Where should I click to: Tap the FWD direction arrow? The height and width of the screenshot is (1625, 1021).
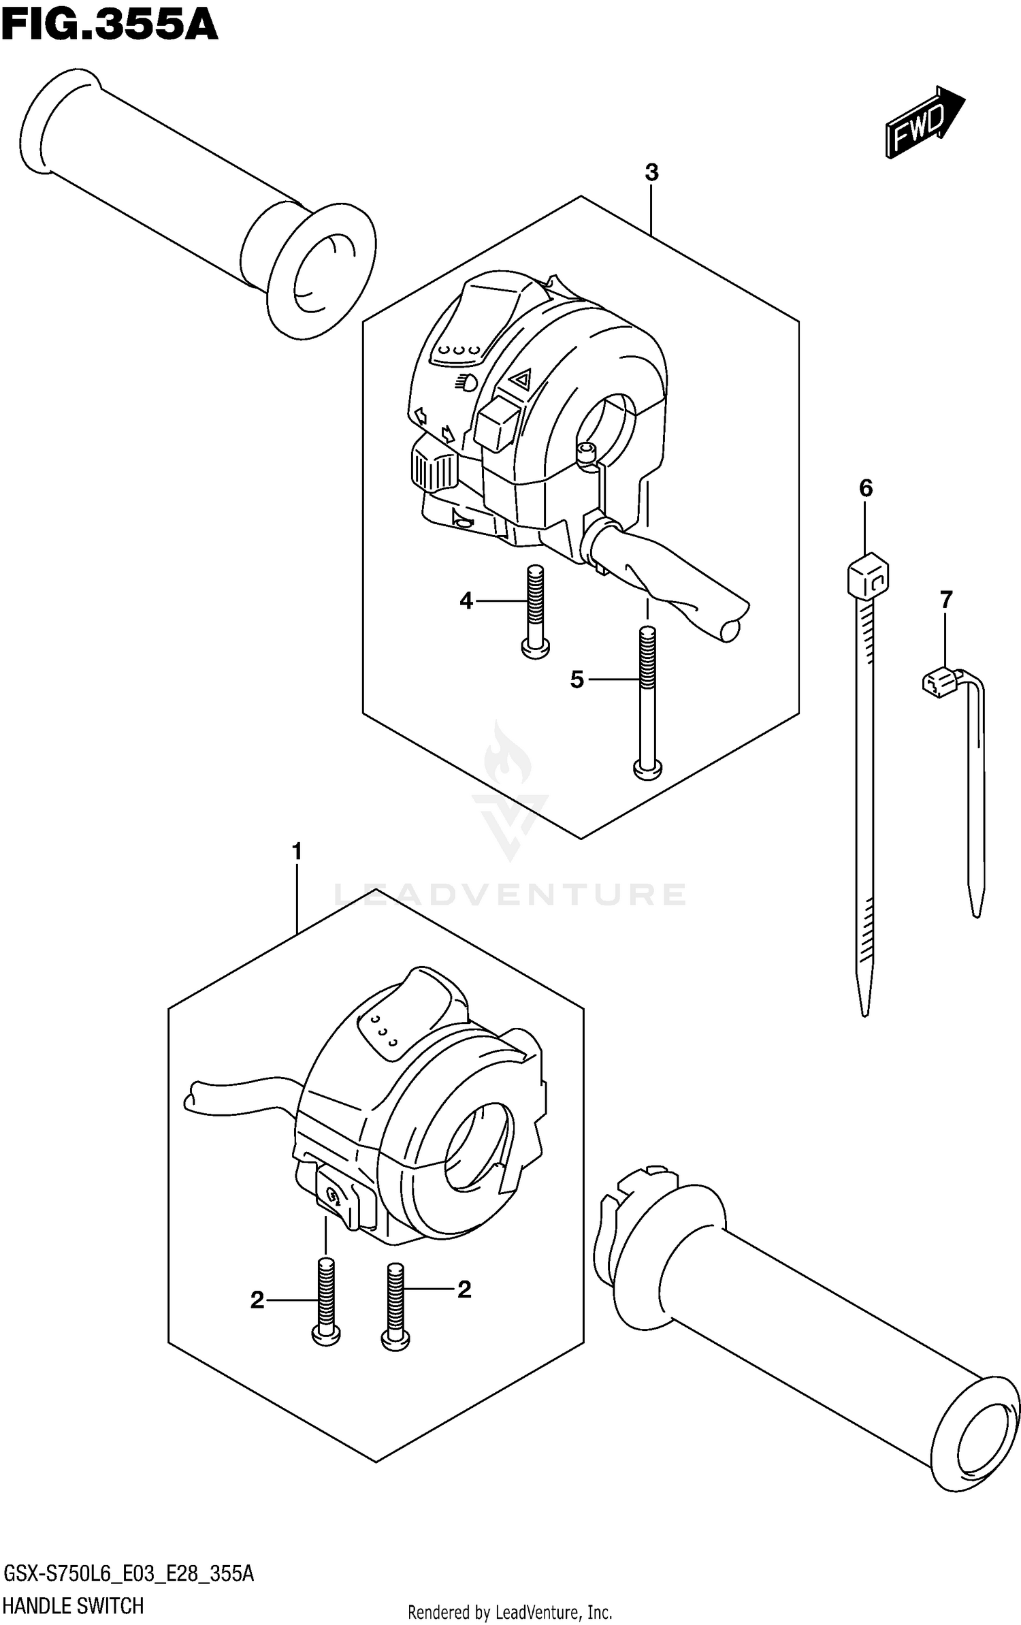point(924,123)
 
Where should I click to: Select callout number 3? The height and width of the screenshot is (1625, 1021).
point(651,173)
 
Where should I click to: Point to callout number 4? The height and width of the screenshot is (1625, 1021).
point(466,600)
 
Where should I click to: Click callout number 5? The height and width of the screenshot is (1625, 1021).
point(577,679)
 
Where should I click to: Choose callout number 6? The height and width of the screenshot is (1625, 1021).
point(865,488)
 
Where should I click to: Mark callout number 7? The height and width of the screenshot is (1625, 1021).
point(945,600)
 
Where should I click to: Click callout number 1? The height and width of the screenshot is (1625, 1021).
point(297,852)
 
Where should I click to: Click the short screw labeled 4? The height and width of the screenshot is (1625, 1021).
point(535,613)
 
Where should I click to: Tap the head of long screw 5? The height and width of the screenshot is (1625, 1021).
point(647,769)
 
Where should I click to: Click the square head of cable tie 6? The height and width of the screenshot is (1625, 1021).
point(868,577)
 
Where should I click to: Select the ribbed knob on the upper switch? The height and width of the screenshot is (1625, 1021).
point(432,470)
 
